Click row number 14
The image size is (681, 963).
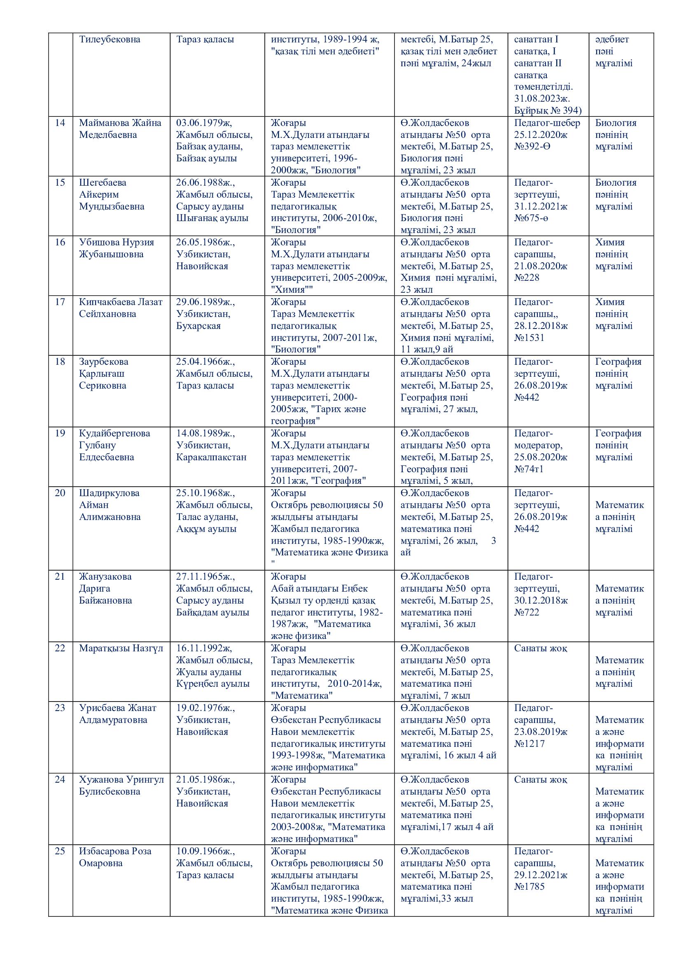click(x=61, y=123)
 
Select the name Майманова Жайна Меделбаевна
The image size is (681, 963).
click(x=120, y=129)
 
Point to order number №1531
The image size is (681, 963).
click(x=529, y=338)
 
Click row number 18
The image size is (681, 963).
click(x=61, y=361)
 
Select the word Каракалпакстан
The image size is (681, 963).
click(x=211, y=457)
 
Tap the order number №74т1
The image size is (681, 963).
click(x=529, y=469)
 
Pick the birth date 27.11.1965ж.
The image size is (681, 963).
click(x=205, y=577)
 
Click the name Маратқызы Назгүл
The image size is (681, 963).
click(x=121, y=648)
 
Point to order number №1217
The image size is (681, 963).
click(x=529, y=744)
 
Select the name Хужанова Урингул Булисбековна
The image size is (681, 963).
click(x=121, y=786)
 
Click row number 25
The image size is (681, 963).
click(x=61, y=851)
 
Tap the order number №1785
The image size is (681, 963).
click(x=529, y=887)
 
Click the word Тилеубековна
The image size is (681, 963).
click(x=110, y=40)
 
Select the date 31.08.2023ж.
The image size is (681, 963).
click(x=542, y=99)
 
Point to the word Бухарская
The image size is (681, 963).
click(x=198, y=326)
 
